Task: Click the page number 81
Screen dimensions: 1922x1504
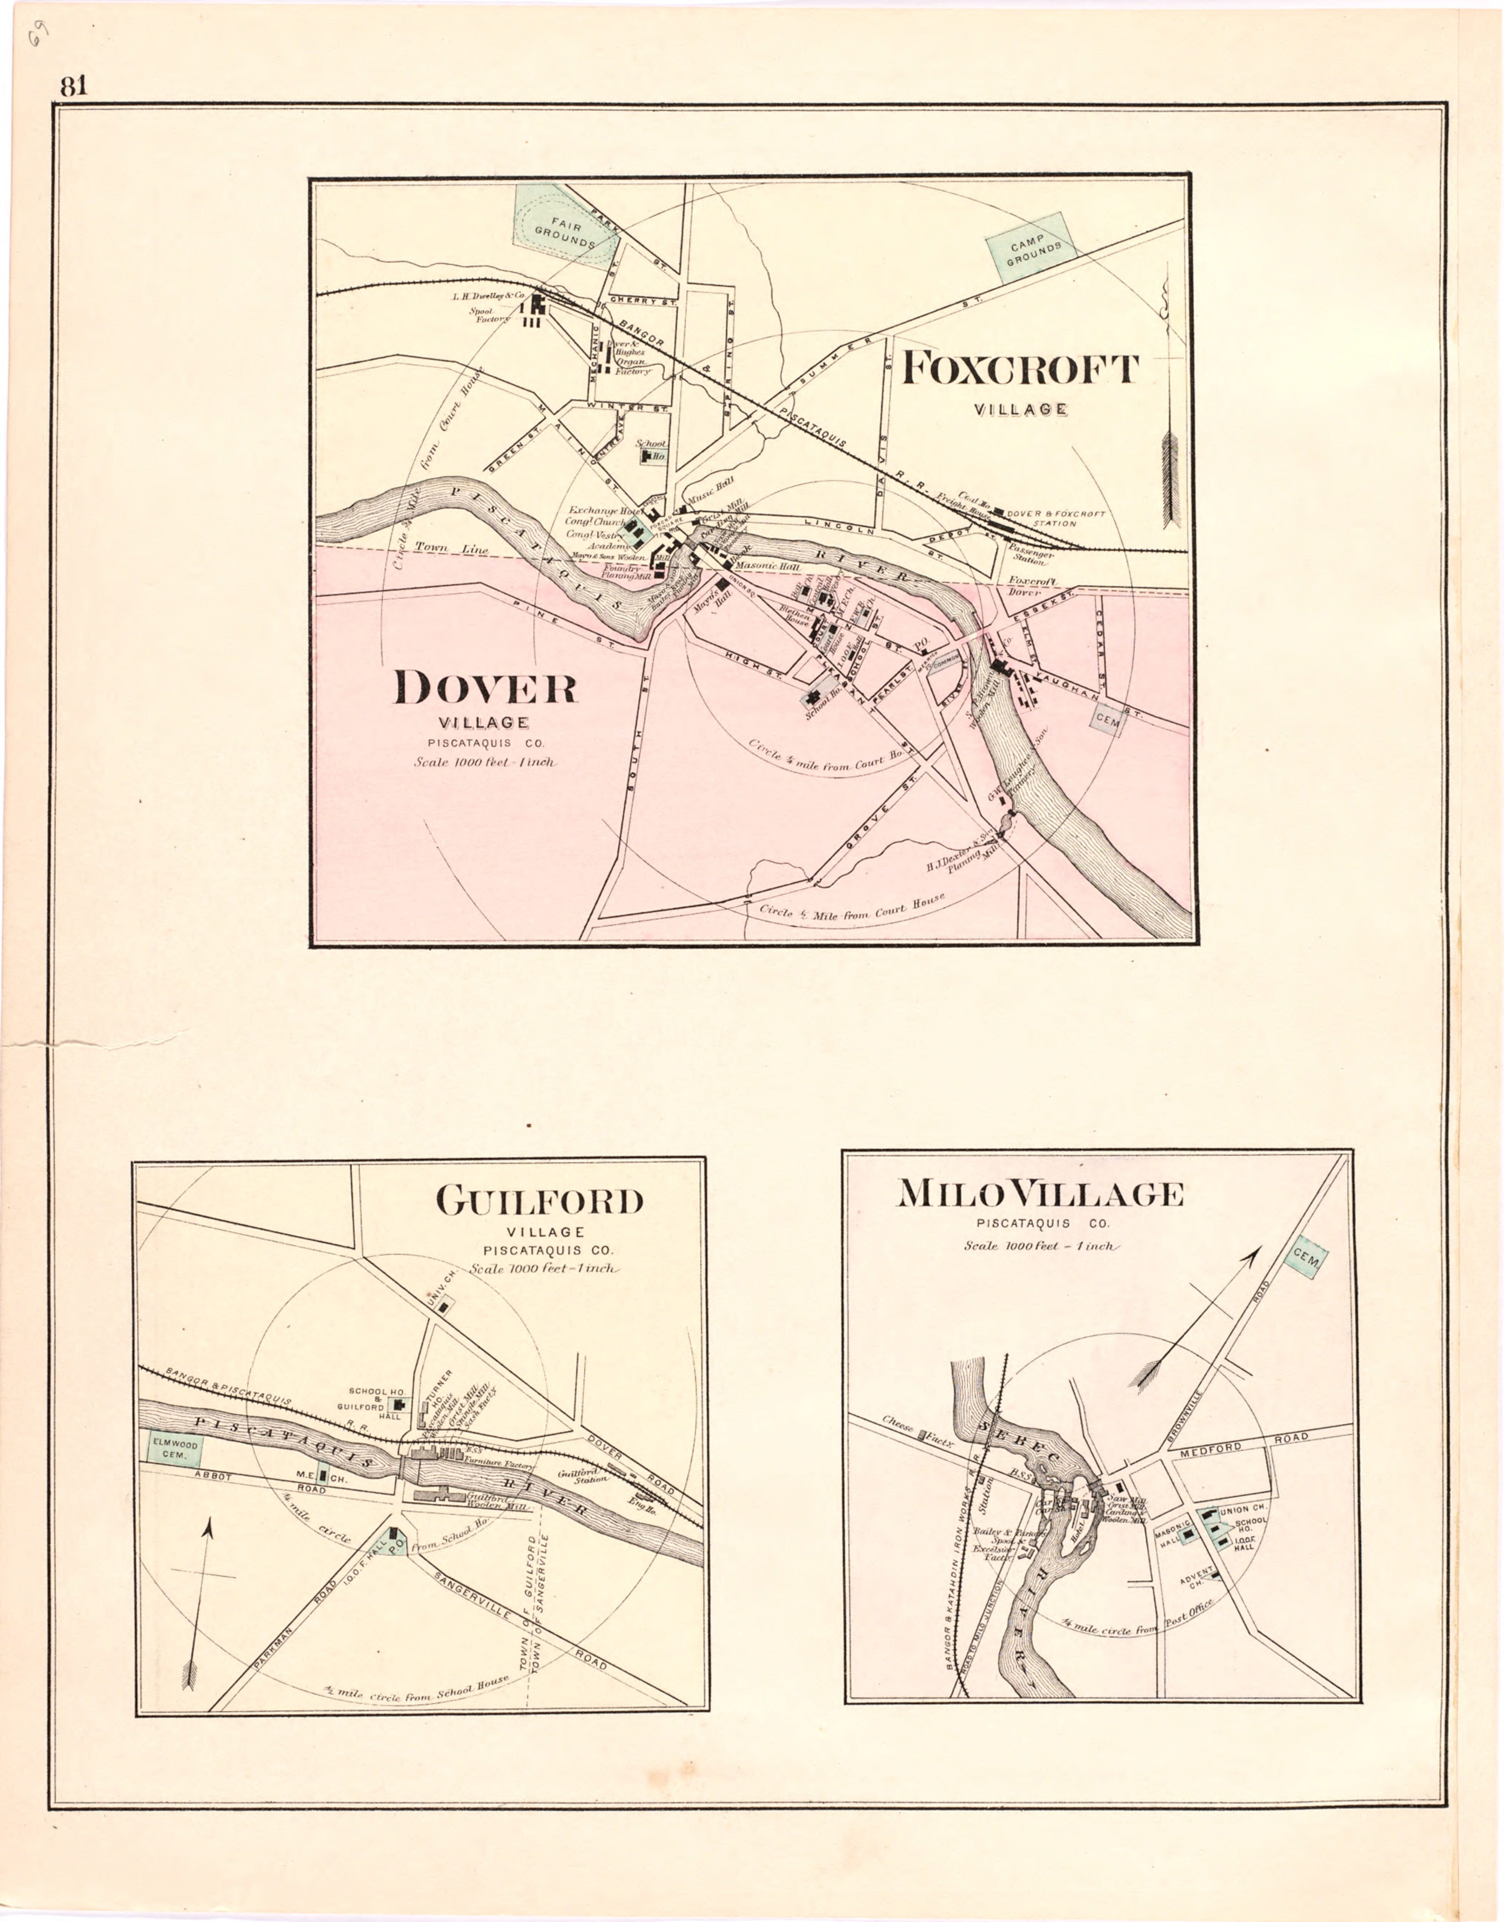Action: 74,86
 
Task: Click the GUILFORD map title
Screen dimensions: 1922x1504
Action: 540,1201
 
